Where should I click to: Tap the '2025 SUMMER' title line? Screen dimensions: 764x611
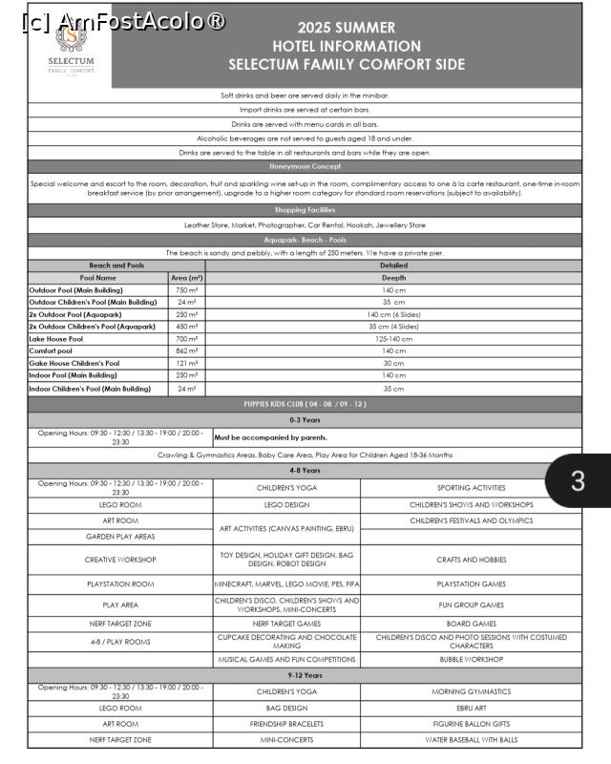pyautogui.click(x=346, y=28)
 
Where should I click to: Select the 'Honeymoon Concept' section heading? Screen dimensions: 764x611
pyautogui.click(x=305, y=166)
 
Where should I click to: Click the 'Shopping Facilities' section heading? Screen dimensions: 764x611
pyautogui.click(x=305, y=210)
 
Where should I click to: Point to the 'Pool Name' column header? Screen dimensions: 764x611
pyautogui.click(x=97, y=277)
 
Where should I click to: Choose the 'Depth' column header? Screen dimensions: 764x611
pyautogui.click(x=393, y=277)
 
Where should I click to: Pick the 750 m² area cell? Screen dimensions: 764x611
pyautogui.click(x=186, y=289)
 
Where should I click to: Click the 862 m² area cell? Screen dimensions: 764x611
pyautogui.click(x=186, y=350)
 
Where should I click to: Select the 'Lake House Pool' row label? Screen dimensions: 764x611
pyautogui.click(x=56, y=338)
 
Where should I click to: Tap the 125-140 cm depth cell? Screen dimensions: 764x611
pyautogui.click(x=393, y=338)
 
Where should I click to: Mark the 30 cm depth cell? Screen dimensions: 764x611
pyautogui.click(x=393, y=363)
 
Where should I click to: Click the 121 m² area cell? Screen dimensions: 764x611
pyautogui.click(x=186, y=363)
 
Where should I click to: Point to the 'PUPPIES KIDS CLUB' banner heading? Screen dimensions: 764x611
pyautogui.click(x=305, y=404)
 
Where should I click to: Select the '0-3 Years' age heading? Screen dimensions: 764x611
pyautogui.click(x=305, y=420)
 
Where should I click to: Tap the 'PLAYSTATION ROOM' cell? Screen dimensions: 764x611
pyautogui.click(x=120, y=584)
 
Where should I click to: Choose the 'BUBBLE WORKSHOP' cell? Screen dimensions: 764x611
pyautogui.click(x=471, y=659)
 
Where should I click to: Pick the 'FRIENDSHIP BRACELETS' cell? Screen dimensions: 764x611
pyautogui.click(x=287, y=724)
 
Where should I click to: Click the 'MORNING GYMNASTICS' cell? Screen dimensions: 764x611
pyautogui.click(x=471, y=691)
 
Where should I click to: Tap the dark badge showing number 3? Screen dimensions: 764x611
pyautogui.click(x=578, y=480)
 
